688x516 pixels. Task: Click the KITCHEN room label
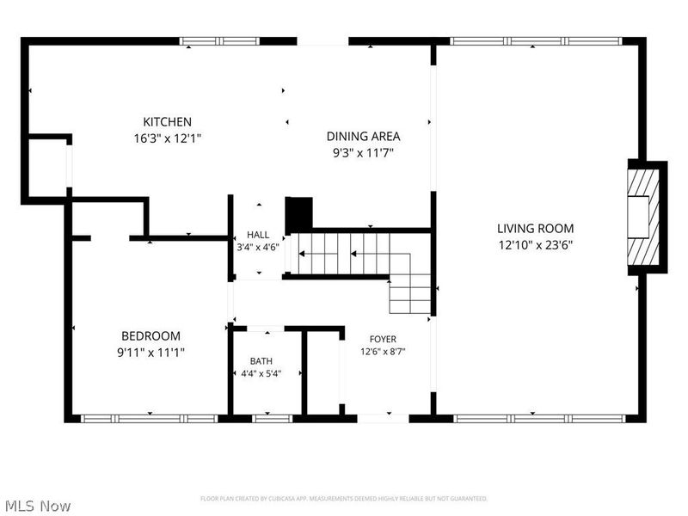coord(167,121)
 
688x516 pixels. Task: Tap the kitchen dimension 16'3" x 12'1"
coord(167,138)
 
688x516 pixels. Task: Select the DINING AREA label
coord(363,137)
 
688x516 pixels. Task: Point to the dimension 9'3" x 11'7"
coord(363,153)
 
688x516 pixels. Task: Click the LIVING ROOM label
coord(535,228)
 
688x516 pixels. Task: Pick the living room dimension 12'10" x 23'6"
coord(535,245)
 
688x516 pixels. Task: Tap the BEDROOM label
coord(151,336)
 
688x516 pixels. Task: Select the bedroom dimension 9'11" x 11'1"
coord(151,353)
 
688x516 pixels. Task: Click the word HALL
coord(258,235)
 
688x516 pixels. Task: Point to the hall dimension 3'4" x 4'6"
coord(258,247)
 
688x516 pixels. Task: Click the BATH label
coord(261,361)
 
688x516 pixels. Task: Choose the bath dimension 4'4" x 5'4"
coord(261,374)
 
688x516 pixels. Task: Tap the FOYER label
coord(383,339)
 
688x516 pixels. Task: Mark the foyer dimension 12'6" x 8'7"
coord(383,352)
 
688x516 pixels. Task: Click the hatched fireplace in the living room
coord(643,218)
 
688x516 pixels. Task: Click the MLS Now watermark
coord(36,506)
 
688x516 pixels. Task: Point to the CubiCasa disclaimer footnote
coord(344,499)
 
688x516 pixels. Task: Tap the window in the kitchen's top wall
coord(220,41)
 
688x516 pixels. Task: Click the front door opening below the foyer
coord(383,418)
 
